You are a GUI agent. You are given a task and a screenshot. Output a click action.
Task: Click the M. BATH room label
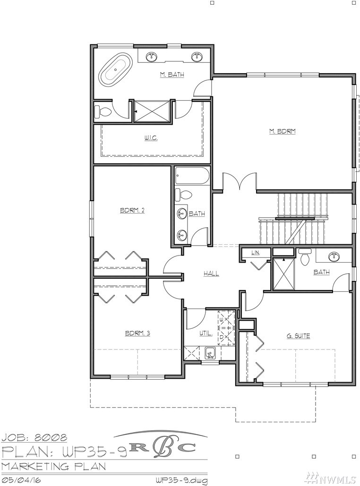(x=172, y=75)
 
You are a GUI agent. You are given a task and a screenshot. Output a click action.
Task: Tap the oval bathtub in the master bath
(x=115, y=69)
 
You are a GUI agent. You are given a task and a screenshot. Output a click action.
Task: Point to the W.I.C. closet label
(x=151, y=138)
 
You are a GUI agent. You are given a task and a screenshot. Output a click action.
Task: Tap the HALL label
(x=211, y=273)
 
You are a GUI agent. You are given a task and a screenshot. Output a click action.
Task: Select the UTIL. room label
(x=206, y=334)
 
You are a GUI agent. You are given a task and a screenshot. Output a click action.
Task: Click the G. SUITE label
(x=298, y=336)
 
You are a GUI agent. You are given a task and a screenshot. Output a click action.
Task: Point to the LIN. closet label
(x=256, y=253)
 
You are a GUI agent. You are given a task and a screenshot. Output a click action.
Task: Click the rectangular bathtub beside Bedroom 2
(x=192, y=176)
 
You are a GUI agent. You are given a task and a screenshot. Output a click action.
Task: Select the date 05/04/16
(x=21, y=480)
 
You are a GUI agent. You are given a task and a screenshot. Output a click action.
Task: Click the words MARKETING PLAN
(x=54, y=466)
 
